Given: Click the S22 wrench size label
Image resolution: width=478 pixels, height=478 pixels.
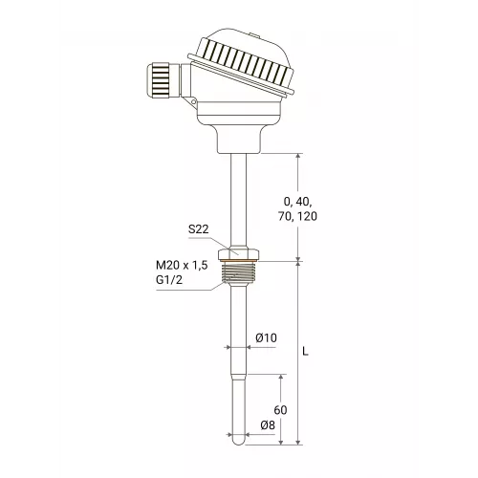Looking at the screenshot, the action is coord(198,229).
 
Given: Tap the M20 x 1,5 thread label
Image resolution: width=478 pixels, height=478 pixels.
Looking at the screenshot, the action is coord(182,265).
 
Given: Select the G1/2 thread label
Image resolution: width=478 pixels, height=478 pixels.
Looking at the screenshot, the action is coord(169,280).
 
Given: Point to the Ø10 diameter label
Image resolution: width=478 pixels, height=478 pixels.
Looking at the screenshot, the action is coord(266,337).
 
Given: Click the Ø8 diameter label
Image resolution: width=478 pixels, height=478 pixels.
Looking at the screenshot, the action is coord(268,425).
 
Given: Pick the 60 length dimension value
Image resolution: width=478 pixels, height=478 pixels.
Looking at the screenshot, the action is coord(280,410).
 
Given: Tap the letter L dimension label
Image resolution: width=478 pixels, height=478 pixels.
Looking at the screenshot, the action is coord(306,352).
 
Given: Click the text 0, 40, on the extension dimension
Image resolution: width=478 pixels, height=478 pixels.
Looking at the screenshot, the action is coord(297,202).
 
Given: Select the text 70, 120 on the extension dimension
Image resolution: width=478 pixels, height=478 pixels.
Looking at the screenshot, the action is coord(297,216).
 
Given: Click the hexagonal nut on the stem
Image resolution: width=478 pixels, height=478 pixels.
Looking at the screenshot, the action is coord(238,253).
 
